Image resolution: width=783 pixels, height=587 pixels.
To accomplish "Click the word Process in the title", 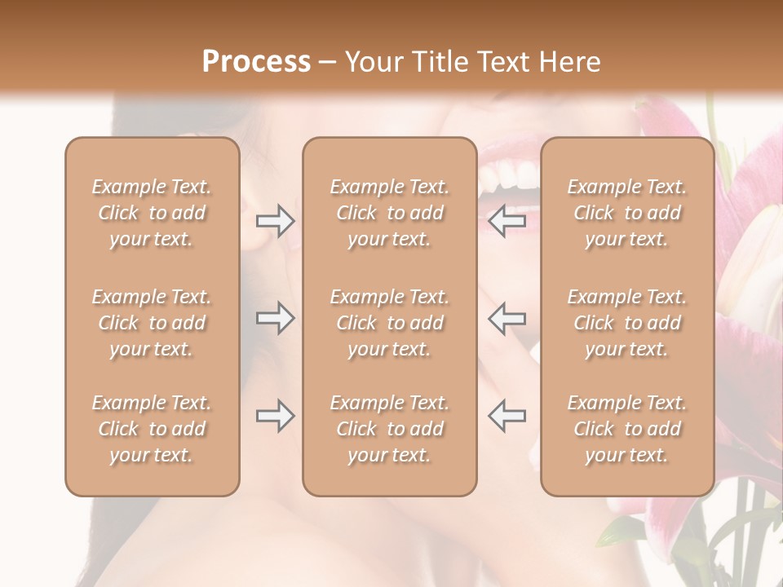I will [256, 62].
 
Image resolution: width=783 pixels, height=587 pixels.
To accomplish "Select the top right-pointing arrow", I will [275, 220].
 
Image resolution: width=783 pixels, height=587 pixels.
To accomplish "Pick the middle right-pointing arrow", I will [275, 318].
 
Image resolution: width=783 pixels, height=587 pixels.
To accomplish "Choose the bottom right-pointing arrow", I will [275, 416].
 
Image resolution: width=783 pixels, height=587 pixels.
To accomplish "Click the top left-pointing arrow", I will [507, 220].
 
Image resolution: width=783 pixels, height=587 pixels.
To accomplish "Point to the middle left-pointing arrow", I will [507, 318].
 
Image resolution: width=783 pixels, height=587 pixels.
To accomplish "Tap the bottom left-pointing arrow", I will [507, 416].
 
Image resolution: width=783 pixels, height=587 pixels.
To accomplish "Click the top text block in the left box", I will [152, 213].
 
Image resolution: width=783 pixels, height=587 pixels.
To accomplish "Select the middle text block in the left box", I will [152, 323].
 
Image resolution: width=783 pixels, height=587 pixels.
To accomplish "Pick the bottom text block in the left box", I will [152, 429].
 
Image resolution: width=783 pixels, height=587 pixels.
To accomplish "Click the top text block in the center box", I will [390, 213].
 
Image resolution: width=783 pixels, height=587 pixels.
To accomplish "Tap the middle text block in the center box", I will [390, 323].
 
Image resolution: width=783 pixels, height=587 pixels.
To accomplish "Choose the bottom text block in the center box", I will [390, 429].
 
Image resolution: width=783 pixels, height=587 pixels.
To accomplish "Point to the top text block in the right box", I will [627, 213].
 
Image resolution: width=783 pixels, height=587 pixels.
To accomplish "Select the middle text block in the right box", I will [627, 323].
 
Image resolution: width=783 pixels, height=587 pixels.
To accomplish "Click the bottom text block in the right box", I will [627, 429].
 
